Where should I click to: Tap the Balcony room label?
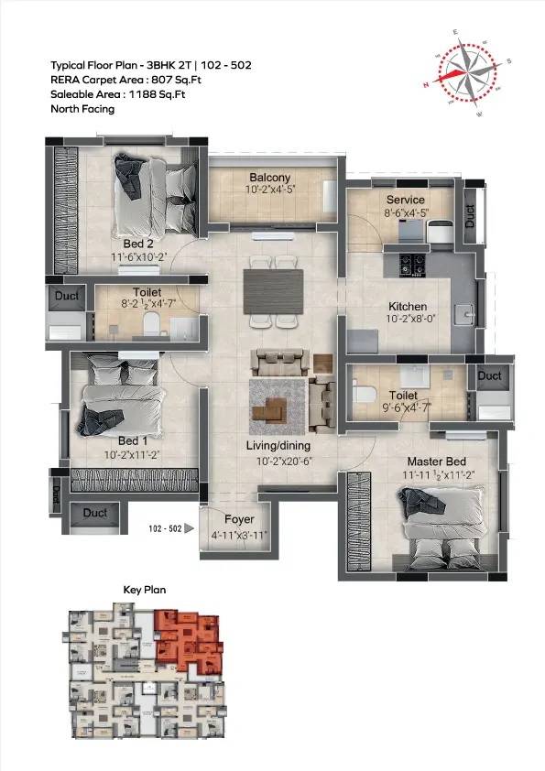point(270,178)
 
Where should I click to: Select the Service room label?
point(405,200)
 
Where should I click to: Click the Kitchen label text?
point(408,307)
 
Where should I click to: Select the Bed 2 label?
point(137,244)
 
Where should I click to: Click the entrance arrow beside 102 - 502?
point(189,528)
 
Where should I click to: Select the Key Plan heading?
point(145,591)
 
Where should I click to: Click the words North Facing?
point(83,109)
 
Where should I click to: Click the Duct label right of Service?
point(471,216)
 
